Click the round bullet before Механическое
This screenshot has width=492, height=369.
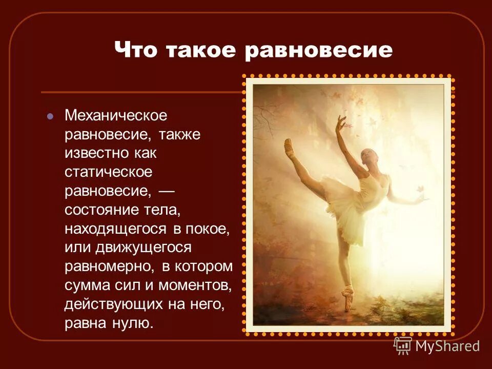[x=50, y=116]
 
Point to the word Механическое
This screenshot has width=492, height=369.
[x=116, y=116]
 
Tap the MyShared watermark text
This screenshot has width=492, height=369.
[x=447, y=346]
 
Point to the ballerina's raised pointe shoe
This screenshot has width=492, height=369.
[x=289, y=146]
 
